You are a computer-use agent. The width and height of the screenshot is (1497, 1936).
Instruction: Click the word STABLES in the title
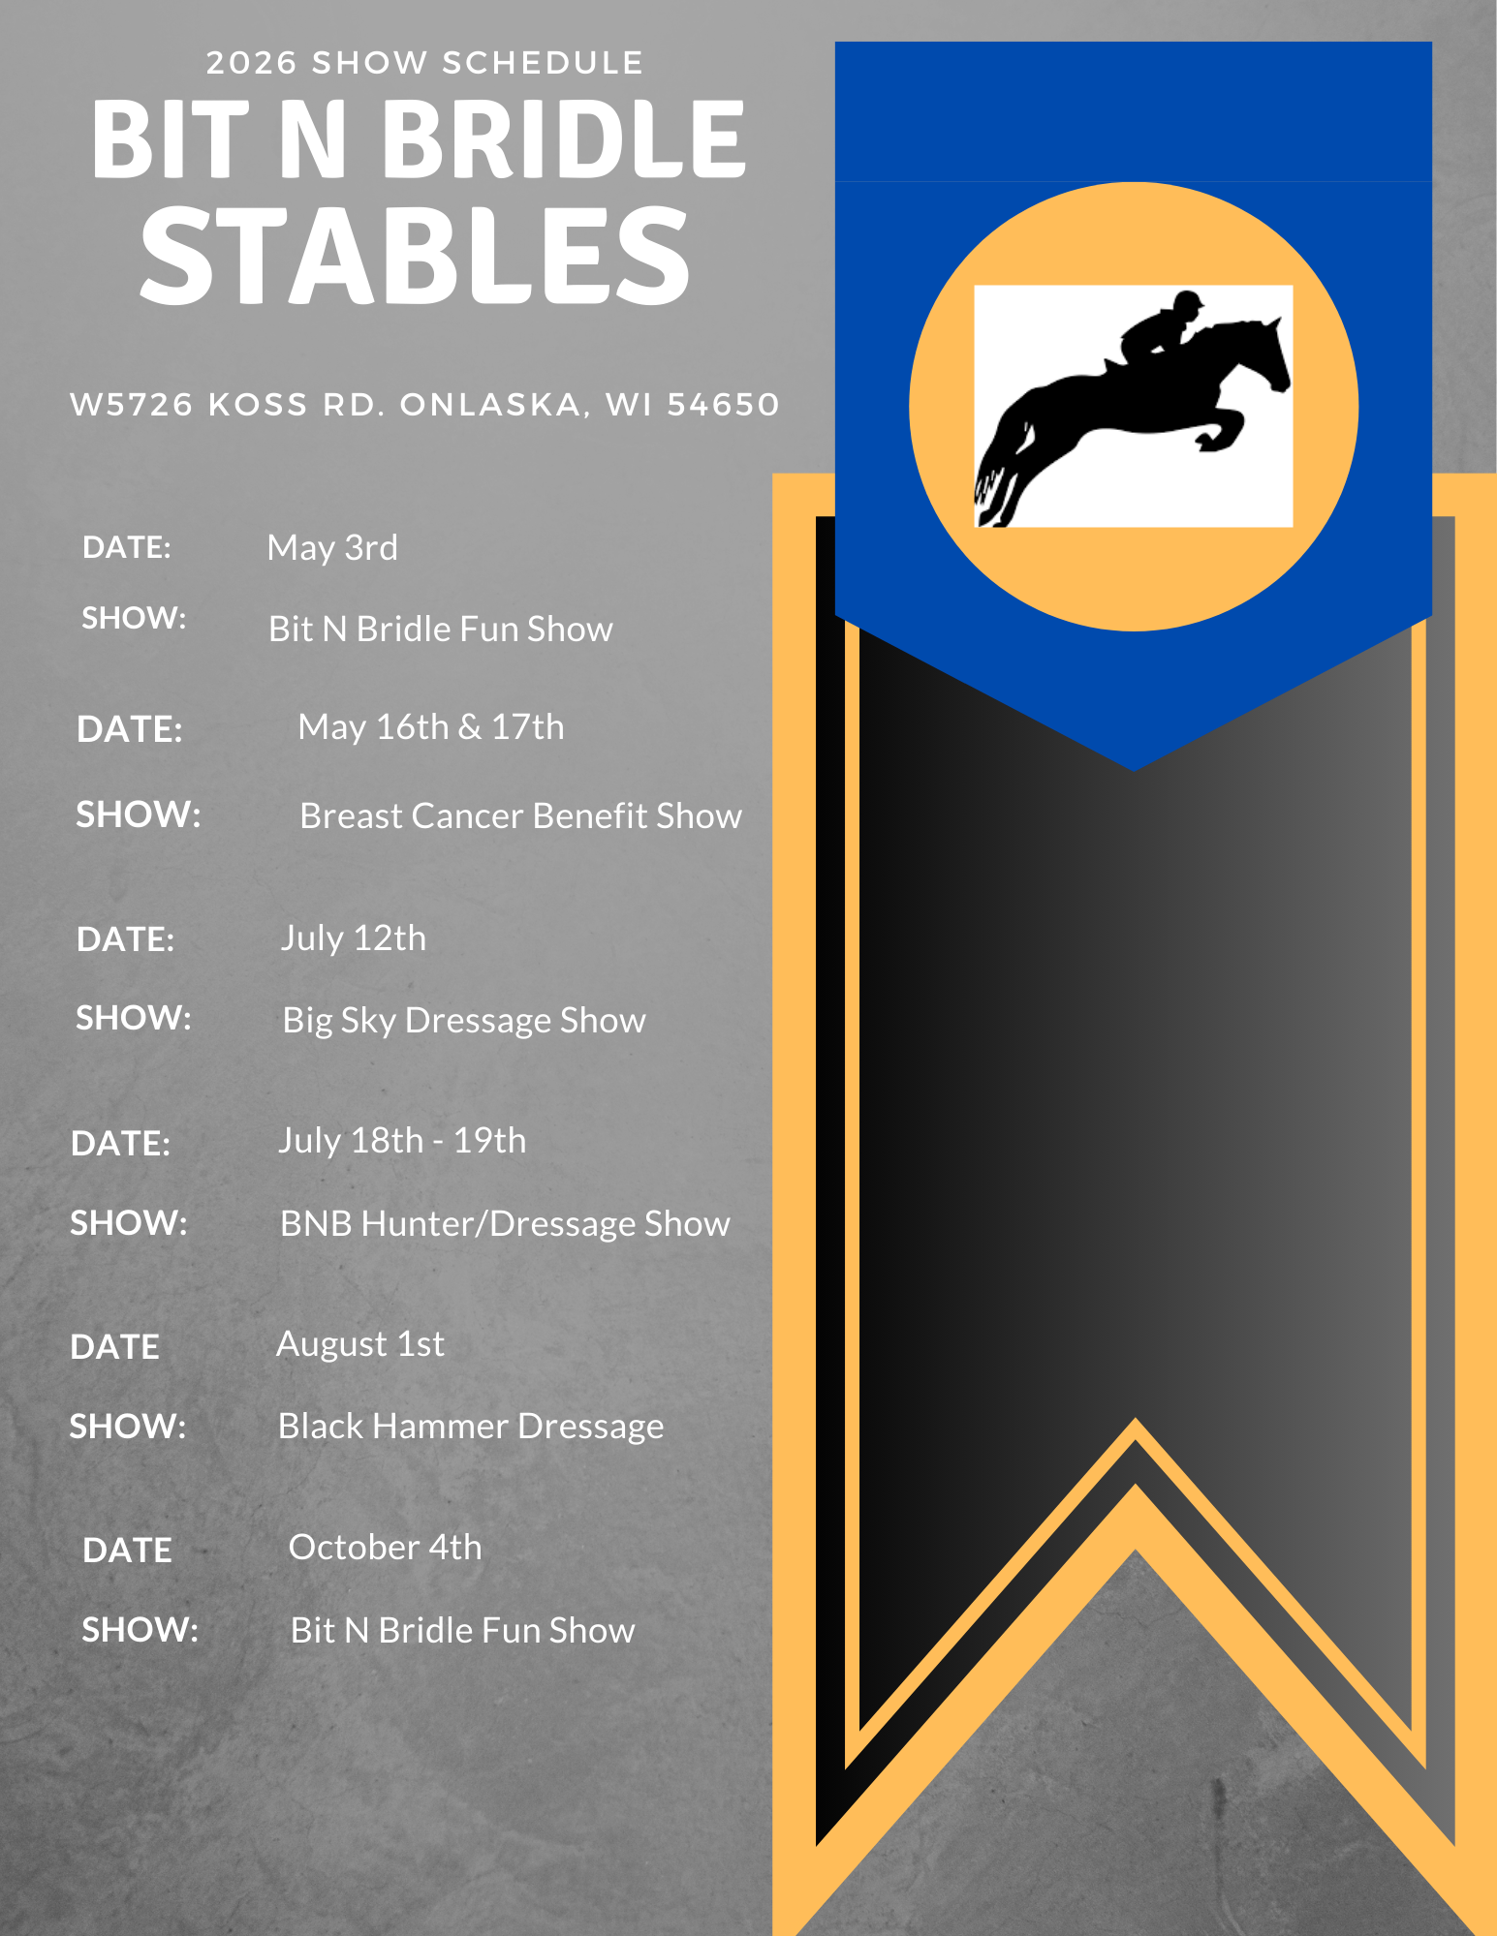pos(415,256)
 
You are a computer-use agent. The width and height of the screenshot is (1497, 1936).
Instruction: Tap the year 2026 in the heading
pos(252,63)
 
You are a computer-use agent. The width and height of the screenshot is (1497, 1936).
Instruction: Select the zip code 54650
pos(723,404)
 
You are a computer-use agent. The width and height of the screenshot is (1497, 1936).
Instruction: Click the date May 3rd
pos(332,548)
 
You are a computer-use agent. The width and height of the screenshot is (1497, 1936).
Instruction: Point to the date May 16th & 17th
pos(431,727)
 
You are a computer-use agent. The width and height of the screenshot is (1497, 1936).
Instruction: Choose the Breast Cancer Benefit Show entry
pos(521,816)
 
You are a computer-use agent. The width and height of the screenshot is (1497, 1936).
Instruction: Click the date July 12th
pos(354,938)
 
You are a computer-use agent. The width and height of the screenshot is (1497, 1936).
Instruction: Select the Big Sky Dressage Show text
pos(464,1021)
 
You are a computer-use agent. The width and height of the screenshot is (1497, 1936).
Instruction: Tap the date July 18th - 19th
pos(402,1141)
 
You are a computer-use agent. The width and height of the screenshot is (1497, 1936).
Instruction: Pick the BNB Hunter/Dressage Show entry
pos(505,1224)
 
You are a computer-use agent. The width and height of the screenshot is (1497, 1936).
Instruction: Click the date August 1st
pos(360,1344)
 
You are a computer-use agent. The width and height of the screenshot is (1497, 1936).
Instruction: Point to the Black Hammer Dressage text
pos(471,1427)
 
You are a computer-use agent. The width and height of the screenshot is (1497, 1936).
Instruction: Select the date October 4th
pos(386,1548)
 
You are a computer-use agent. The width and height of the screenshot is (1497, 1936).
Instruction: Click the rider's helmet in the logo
pos(1186,300)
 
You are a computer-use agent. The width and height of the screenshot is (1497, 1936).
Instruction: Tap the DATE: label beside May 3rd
pos(127,547)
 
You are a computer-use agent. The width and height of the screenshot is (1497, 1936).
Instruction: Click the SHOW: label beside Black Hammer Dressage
pos(128,1427)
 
